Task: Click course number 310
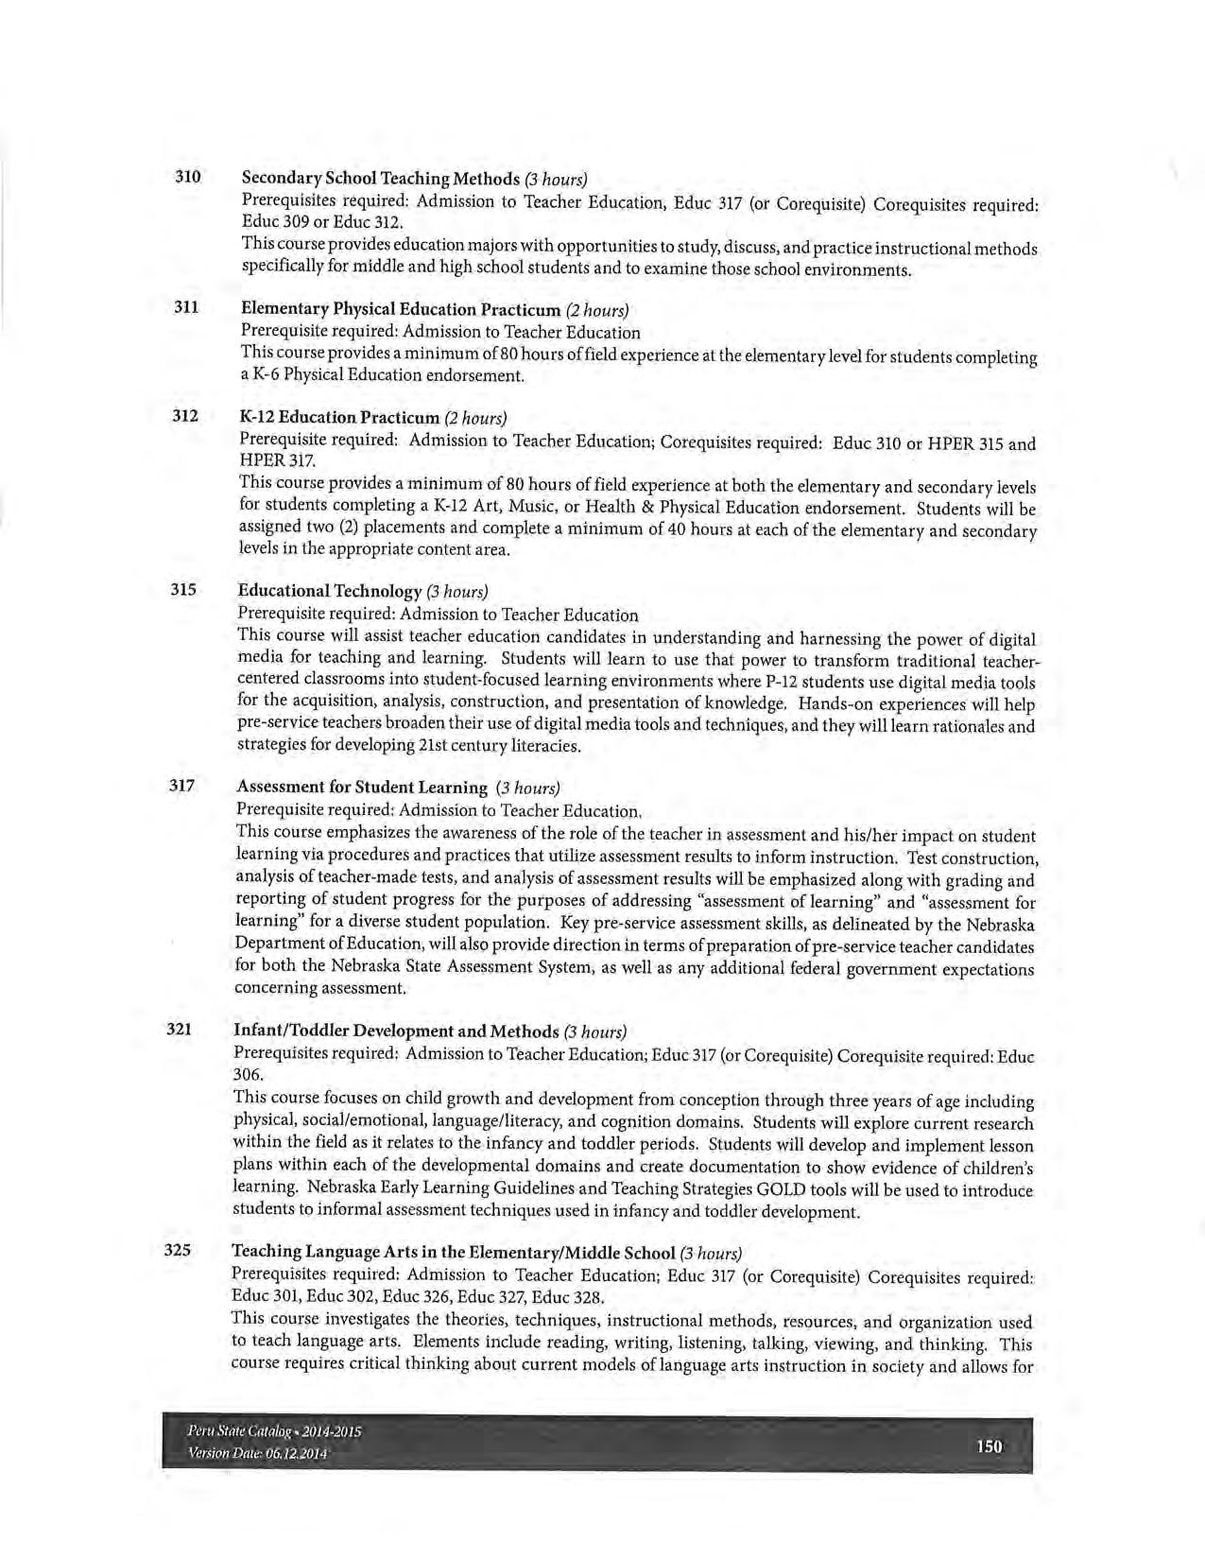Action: pyautogui.click(x=187, y=177)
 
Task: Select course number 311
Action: pyautogui.click(x=186, y=307)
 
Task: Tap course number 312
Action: pyautogui.click(x=185, y=415)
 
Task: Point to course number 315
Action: pyautogui.click(x=183, y=589)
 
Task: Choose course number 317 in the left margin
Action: pyautogui.click(x=182, y=785)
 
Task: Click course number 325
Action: pyautogui.click(x=179, y=1250)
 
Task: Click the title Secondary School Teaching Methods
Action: pyautogui.click(x=381, y=179)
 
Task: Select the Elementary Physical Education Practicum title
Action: pyautogui.click(x=401, y=309)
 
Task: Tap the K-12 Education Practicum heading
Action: pyautogui.click(x=339, y=417)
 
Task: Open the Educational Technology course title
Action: pyautogui.click(x=329, y=591)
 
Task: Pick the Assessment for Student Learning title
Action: pyautogui.click(x=362, y=787)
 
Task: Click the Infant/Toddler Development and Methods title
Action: pyautogui.click(x=396, y=1031)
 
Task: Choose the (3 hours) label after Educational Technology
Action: pyautogui.click(x=457, y=592)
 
